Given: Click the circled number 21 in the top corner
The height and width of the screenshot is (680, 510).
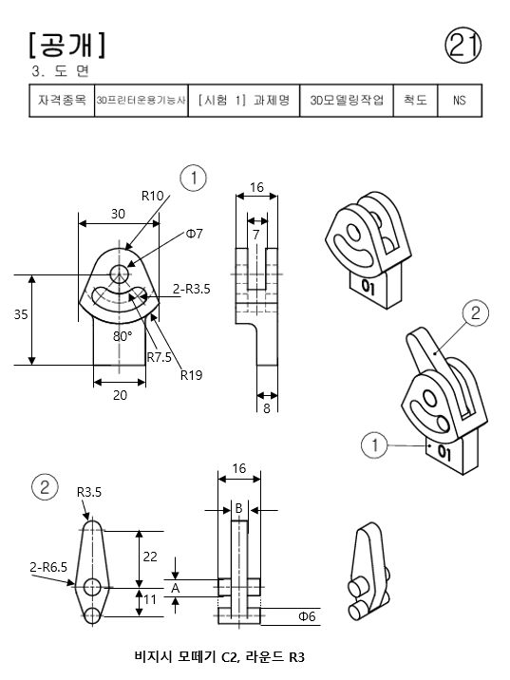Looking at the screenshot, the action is pos(463,45).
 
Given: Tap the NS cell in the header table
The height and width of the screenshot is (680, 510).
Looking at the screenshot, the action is pos(460,101).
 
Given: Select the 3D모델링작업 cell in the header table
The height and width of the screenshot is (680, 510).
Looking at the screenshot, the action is pos(347,101).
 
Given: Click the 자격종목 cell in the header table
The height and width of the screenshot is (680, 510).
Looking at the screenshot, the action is pos(62,101).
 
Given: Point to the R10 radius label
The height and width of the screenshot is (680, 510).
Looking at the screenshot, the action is pos(153,196).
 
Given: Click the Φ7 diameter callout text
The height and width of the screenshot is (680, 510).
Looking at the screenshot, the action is pos(195,234).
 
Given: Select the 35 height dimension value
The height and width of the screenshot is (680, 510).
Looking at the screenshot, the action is pos(21,314).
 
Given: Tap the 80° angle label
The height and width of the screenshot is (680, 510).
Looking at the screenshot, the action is pos(123,336).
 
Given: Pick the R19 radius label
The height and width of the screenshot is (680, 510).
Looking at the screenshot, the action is pos(191,375).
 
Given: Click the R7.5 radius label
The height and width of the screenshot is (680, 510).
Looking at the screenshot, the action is pos(160,357).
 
